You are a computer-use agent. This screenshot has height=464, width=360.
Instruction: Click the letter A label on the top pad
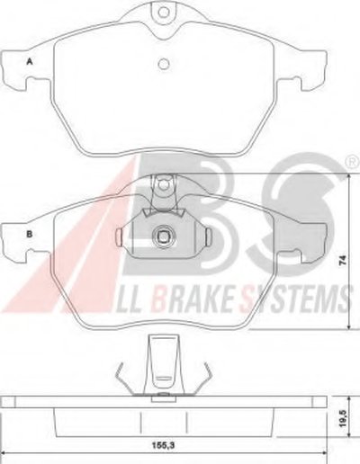click(30, 61)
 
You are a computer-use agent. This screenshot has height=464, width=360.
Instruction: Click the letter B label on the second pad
click(30, 234)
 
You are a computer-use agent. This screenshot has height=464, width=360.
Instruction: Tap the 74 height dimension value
click(343, 260)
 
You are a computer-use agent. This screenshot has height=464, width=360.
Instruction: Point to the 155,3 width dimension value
click(163, 445)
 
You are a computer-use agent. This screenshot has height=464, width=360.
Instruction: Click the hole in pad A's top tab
click(164, 13)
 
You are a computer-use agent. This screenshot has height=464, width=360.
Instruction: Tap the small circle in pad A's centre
click(164, 64)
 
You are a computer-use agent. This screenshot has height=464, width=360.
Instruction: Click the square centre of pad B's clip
click(163, 236)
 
